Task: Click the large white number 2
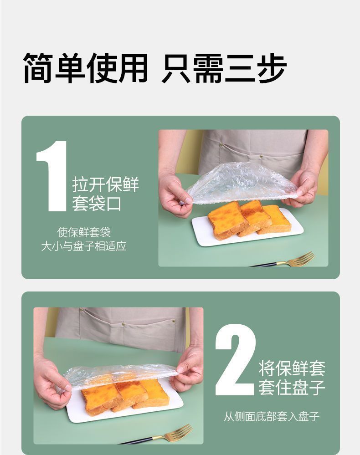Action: [x=235, y=360]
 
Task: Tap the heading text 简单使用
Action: [x=86, y=68]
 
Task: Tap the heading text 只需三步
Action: [x=224, y=68]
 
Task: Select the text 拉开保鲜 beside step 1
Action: [x=105, y=185]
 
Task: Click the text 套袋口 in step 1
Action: [x=97, y=204]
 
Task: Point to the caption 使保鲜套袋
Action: [x=84, y=232]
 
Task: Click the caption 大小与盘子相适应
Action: [x=84, y=246]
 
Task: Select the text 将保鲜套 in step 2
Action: [x=292, y=368]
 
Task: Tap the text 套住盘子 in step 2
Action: [x=292, y=387]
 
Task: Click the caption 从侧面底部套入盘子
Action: [x=271, y=416]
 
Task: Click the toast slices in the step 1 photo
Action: [x=248, y=219]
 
